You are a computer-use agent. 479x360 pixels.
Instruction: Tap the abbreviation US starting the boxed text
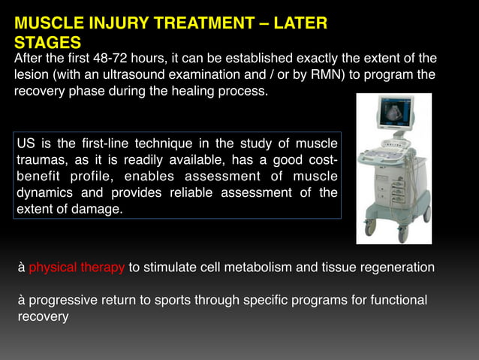26,144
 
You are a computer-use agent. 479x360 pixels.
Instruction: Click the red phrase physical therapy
77,268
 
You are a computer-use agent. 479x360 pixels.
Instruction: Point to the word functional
399,301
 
